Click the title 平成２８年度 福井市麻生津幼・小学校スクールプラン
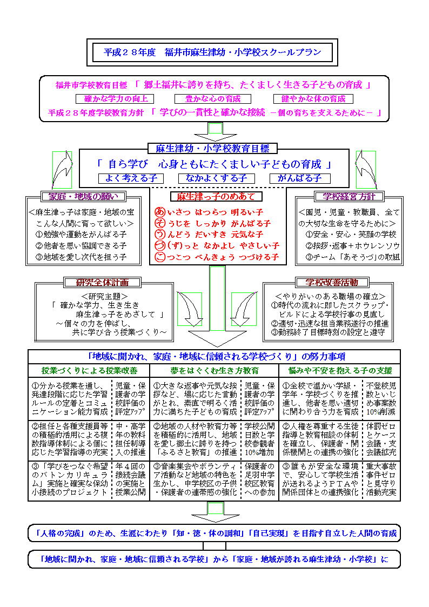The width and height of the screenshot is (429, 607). (x=212, y=52)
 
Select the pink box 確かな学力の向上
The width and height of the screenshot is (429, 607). (x=115, y=99)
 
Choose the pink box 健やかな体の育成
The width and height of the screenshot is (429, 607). (x=313, y=99)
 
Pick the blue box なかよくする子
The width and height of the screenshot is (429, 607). (x=216, y=178)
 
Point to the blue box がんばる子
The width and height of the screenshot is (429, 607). (x=300, y=178)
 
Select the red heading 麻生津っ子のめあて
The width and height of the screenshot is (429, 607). (x=212, y=197)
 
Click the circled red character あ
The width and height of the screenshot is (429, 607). (x=159, y=211)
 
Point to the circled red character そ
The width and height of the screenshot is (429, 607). (x=159, y=223)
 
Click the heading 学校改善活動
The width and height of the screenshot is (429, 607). (x=332, y=282)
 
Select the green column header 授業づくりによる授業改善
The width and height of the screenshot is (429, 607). (x=89, y=371)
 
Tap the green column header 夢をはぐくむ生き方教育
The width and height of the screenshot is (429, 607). (x=214, y=371)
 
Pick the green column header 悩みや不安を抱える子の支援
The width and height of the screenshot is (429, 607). (x=339, y=371)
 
